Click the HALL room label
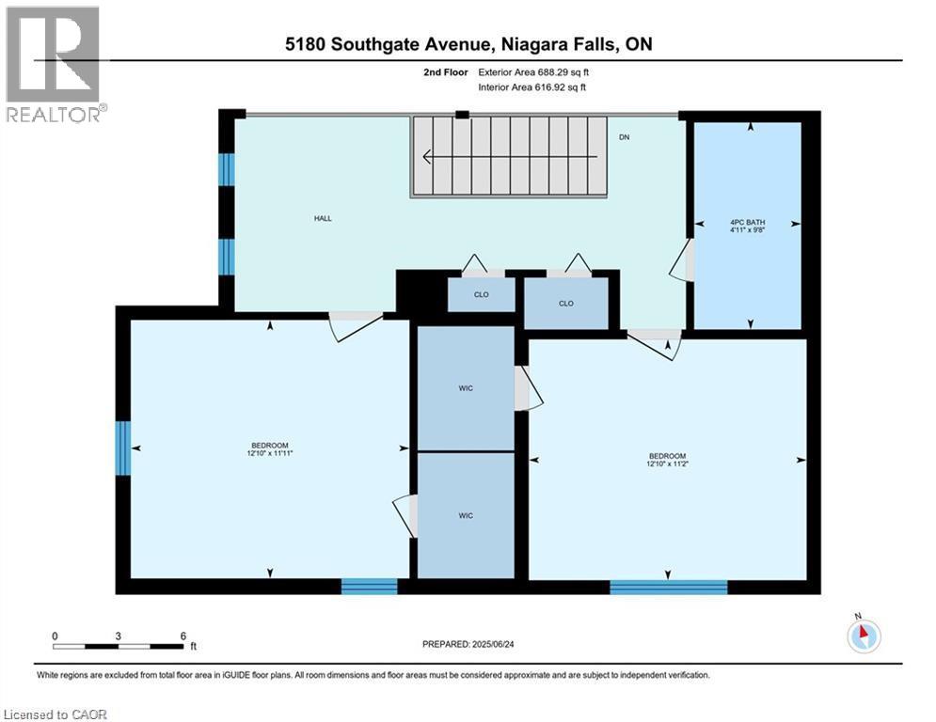coord(323,218)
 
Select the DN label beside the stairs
coord(624,138)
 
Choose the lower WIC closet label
coord(465,515)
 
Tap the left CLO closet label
coord(481,294)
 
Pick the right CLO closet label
coord(565,304)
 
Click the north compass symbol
coord(863,636)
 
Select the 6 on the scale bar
coord(182,636)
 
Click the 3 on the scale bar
coord(119,636)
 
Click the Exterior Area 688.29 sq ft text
coord(533,71)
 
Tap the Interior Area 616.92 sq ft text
coord(533,87)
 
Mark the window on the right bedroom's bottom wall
coord(668,588)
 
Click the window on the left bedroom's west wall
coord(122,448)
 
